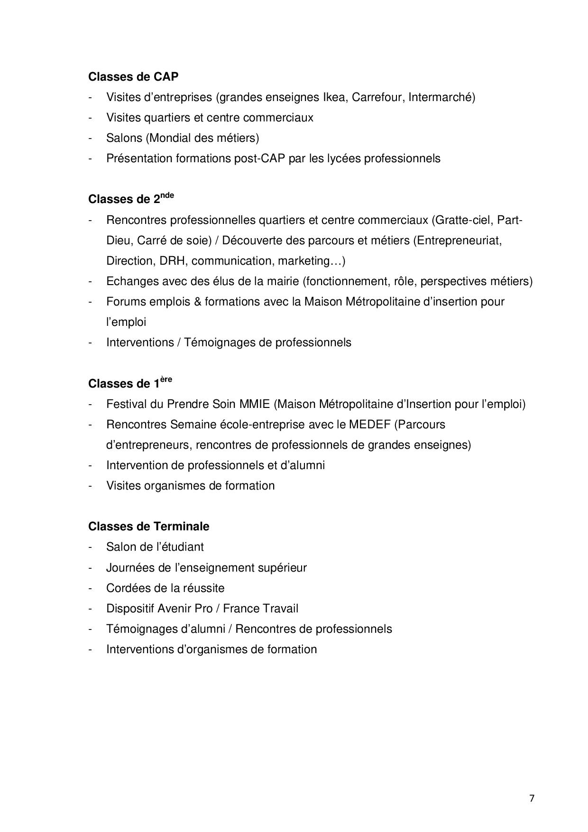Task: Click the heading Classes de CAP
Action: pos(133,76)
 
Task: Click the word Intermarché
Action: pos(441,97)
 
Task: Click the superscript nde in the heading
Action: pos(167,195)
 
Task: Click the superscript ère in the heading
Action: pos(166,379)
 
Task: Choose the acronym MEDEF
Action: pos(369,425)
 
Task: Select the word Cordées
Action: pos(127,588)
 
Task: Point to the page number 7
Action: pos(532,798)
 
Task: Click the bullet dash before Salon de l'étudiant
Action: pos(90,547)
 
